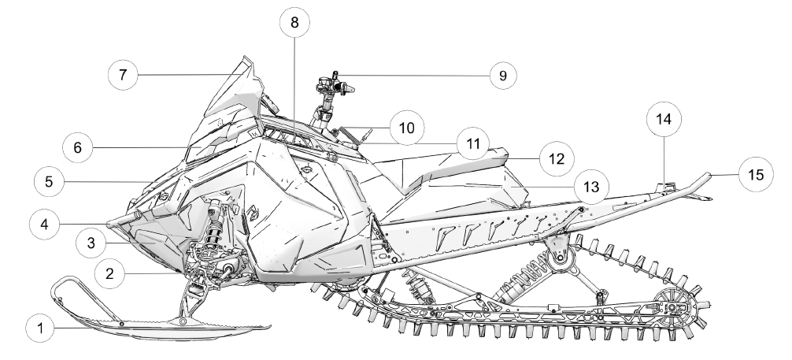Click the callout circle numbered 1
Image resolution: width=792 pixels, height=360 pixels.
point(40,328)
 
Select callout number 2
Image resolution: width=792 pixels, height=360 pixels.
point(109,274)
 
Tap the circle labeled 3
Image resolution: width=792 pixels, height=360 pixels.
point(91,243)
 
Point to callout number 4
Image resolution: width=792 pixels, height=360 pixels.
point(44,224)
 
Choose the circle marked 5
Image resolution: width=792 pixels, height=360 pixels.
point(49,182)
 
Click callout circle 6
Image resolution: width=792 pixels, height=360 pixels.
point(77,147)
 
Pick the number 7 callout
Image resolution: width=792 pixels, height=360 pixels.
point(123,75)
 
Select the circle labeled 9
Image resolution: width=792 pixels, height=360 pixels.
point(502,76)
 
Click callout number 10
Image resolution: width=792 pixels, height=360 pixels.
point(406,128)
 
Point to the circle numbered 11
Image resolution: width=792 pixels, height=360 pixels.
point(473,144)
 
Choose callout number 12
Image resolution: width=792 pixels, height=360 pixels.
point(557,159)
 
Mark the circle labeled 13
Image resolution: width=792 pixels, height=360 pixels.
point(591,187)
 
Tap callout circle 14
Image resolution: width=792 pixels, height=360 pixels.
point(664,119)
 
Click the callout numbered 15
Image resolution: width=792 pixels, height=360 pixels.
point(756,174)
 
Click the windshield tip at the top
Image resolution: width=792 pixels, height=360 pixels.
point(246,60)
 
